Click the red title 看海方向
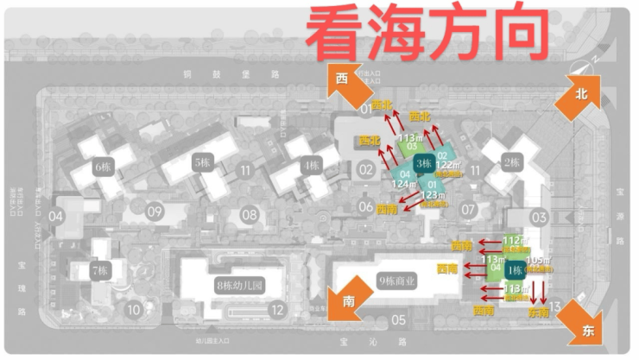click(427, 34)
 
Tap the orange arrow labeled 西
click(343, 80)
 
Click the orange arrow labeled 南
click(350, 300)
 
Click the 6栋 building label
click(104, 167)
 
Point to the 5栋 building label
click(203, 161)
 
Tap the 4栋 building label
click(309, 162)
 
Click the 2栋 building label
click(512, 161)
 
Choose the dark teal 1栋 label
click(516, 270)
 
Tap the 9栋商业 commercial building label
click(398, 280)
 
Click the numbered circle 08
click(250, 213)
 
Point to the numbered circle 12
click(276, 309)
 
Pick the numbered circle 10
click(133, 308)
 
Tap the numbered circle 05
click(398, 320)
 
